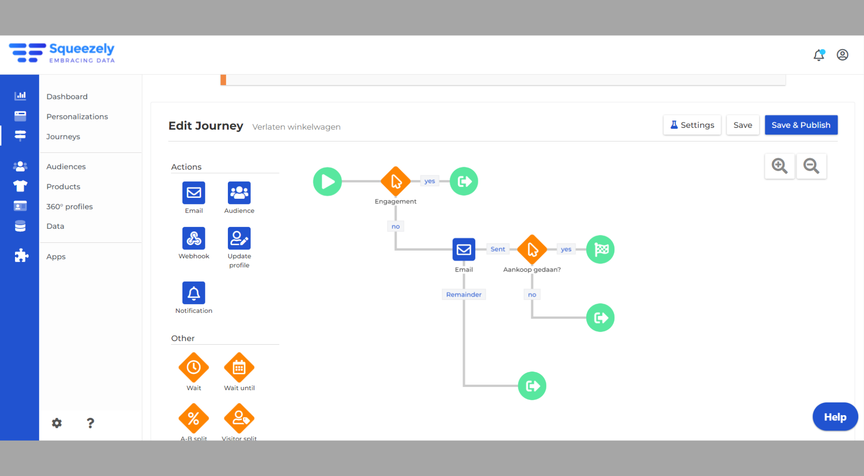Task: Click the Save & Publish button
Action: click(801, 125)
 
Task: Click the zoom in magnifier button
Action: click(779, 166)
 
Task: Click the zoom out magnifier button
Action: click(811, 166)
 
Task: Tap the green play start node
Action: click(328, 181)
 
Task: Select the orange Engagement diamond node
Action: click(395, 181)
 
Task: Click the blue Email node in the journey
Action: click(464, 249)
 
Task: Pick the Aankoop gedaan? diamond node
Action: click(532, 249)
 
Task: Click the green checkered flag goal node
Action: click(600, 249)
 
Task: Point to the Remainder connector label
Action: click(464, 294)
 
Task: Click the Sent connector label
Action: click(498, 249)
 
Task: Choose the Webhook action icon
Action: click(194, 238)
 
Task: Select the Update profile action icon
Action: click(239, 238)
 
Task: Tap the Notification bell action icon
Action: click(194, 293)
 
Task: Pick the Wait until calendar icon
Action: click(239, 368)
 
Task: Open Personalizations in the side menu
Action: click(77, 116)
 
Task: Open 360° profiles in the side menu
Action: click(70, 206)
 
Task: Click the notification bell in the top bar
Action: click(819, 55)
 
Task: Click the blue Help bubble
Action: click(835, 417)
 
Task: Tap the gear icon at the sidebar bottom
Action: click(57, 423)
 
